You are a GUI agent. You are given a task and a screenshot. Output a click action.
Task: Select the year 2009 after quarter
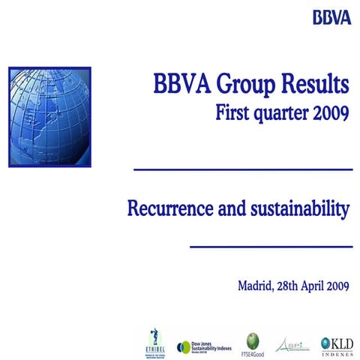click(x=331, y=115)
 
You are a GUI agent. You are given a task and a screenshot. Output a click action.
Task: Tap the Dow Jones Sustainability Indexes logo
click(x=205, y=346)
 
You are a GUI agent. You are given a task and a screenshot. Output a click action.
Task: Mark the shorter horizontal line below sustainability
click(x=271, y=246)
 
